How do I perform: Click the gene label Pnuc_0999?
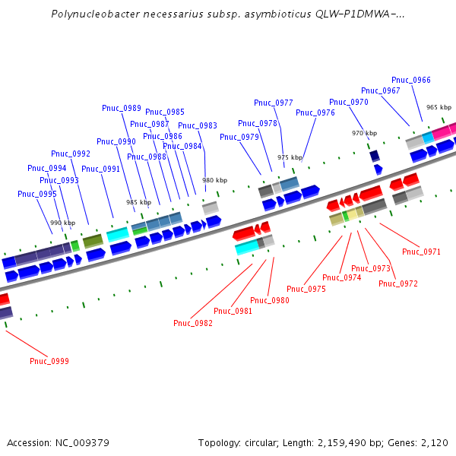(49, 360)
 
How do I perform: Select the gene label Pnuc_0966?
(411, 80)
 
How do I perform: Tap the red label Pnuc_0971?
(422, 252)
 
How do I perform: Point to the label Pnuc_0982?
(193, 323)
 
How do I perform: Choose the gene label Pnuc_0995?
(37, 194)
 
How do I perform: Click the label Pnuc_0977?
(274, 103)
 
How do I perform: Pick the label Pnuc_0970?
(349, 102)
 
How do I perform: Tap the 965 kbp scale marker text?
(439, 108)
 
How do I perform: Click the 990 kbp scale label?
(63, 223)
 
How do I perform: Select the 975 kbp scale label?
(290, 157)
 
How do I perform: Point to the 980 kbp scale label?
(214, 180)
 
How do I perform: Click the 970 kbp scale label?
(364, 133)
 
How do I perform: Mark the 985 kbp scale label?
(138, 202)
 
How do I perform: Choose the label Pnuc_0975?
(306, 289)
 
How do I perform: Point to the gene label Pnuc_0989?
(122, 108)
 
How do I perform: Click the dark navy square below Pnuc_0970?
(375, 156)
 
